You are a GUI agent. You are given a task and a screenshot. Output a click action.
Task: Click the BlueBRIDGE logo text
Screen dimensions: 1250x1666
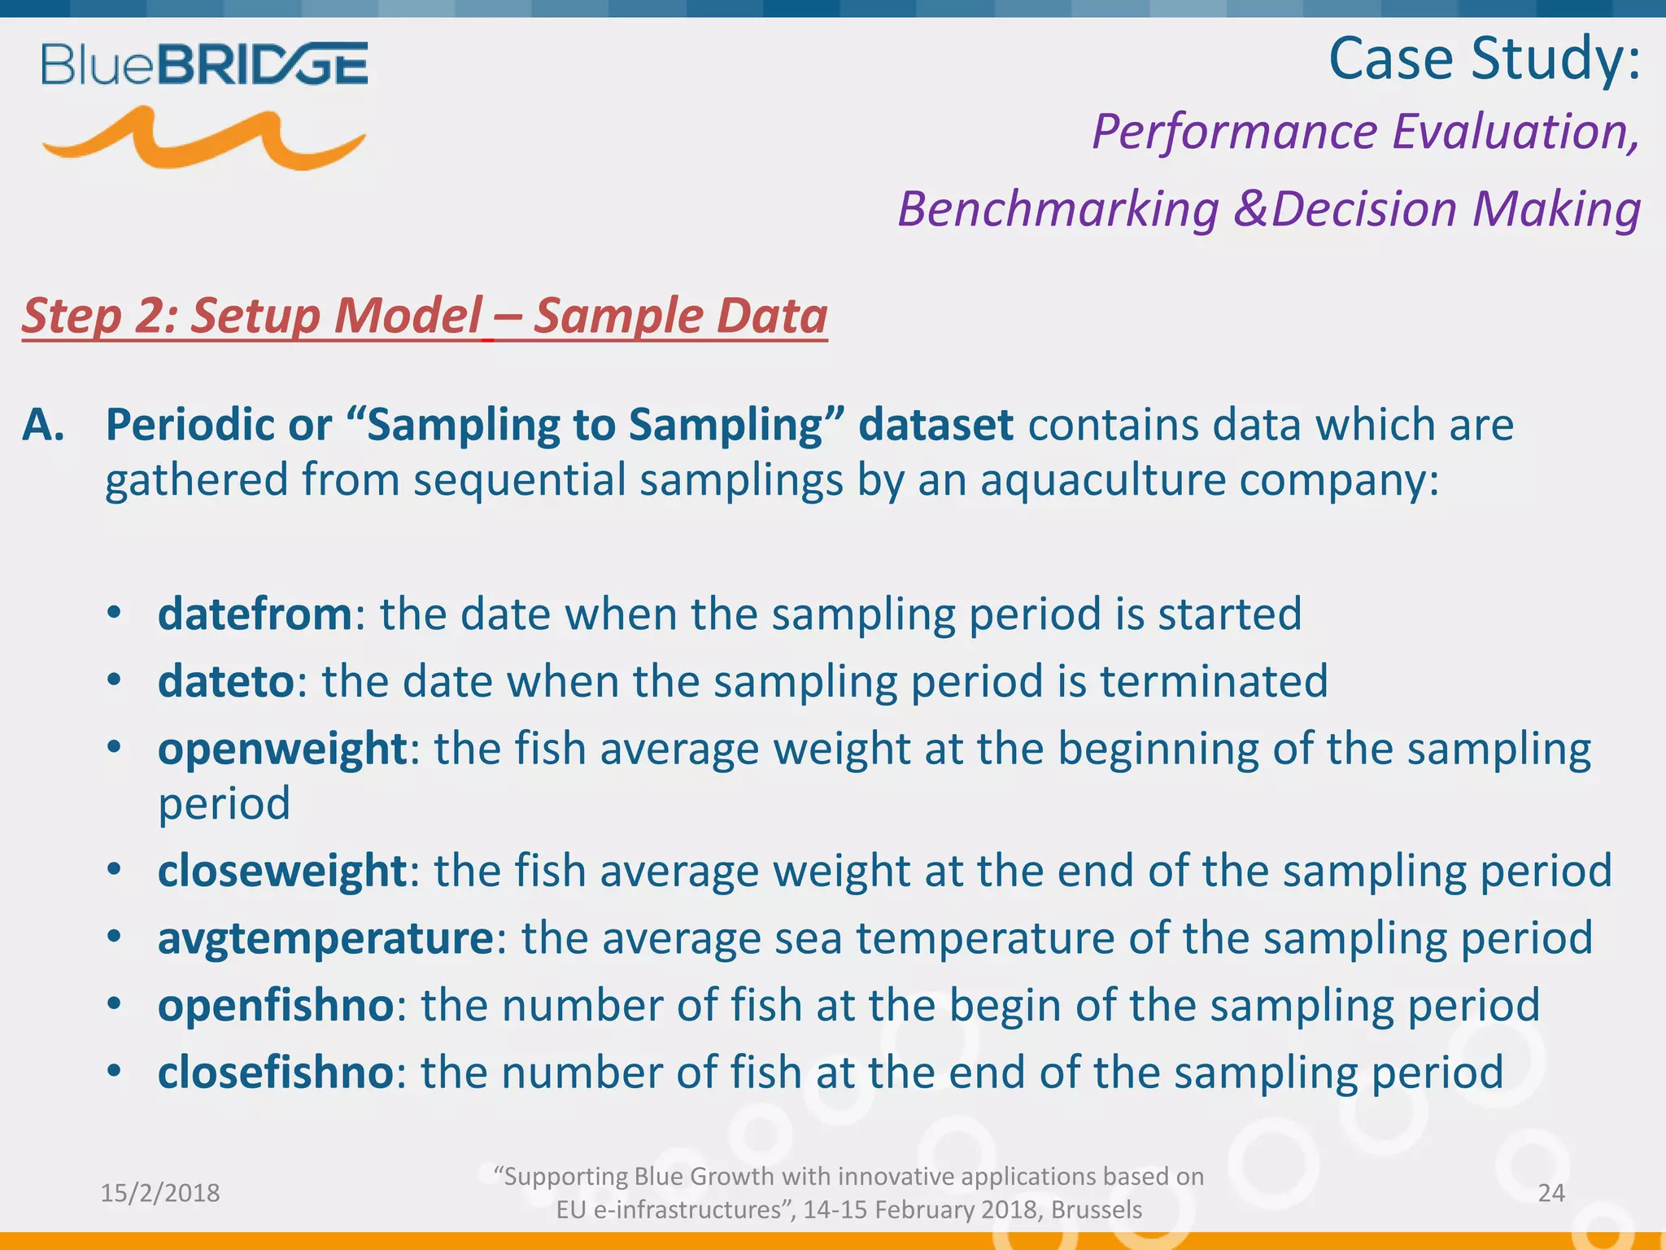[205, 64]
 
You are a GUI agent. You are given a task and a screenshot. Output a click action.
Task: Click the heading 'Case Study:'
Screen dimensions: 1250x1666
[1484, 59]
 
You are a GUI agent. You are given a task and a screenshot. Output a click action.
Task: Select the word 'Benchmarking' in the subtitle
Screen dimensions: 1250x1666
[1058, 209]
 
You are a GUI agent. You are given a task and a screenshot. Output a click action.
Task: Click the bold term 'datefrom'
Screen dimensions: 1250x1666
[255, 614]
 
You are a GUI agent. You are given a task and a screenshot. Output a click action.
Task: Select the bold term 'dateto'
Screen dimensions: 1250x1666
[225, 681]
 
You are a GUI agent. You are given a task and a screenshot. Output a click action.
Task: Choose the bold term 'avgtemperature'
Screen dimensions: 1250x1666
[325, 938]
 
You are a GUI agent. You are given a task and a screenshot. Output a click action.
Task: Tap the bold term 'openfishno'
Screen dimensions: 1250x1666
[276, 1005]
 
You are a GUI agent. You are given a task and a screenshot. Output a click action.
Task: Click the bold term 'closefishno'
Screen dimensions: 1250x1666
[276, 1073]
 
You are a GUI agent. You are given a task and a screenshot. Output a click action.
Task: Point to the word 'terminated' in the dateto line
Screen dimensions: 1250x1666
[1213, 681]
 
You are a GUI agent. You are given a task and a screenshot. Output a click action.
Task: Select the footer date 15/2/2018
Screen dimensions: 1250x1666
[160, 1193]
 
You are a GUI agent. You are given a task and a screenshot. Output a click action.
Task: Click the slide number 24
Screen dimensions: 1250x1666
[1551, 1193]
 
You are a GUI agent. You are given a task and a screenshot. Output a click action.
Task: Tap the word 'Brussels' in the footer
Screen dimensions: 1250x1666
[1096, 1210]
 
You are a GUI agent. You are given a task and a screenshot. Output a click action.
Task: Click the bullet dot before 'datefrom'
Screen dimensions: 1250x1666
[115, 612]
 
